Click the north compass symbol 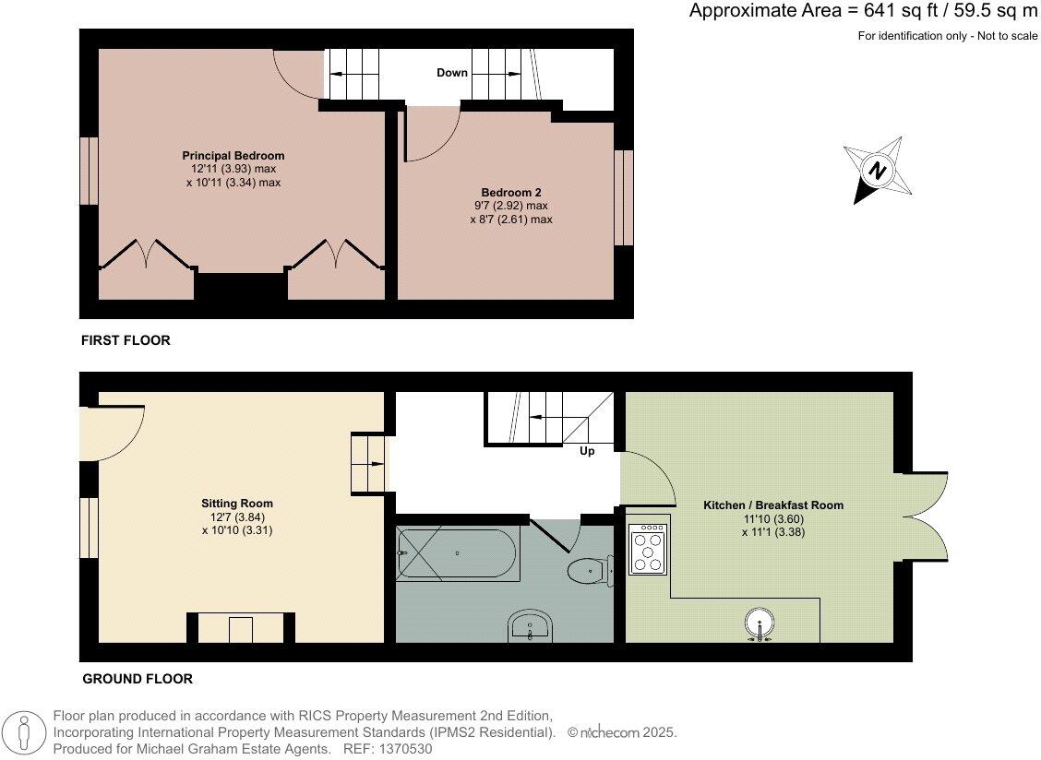(879, 171)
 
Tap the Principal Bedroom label (233, 155)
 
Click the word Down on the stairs (452, 73)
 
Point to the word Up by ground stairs (587, 451)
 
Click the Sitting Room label (237, 504)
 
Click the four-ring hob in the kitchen (648, 550)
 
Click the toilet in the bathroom (589, 571)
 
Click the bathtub (457, 552)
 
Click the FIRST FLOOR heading (126, 340)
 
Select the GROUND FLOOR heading (138, 679)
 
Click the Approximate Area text (863, 11)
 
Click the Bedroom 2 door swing (430, 134)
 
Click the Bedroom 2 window (625, 197)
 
